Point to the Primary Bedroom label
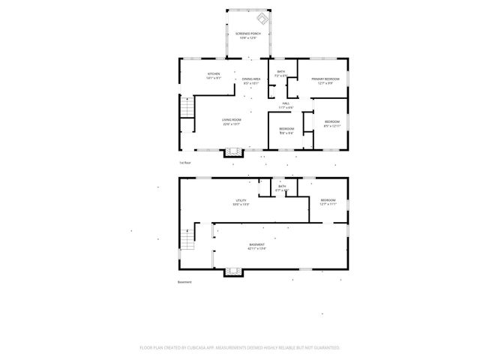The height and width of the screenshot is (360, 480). point(325,80)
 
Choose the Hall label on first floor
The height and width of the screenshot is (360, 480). point(286,105)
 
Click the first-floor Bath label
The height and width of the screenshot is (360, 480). point(281,73)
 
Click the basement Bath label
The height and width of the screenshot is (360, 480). point(281,189)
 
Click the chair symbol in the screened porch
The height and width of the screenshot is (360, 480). point(262,18)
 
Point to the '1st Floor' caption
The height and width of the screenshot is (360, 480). point(184,163)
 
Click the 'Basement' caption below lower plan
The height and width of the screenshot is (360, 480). point(184,282)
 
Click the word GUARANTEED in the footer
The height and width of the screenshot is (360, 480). point(324,348)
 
